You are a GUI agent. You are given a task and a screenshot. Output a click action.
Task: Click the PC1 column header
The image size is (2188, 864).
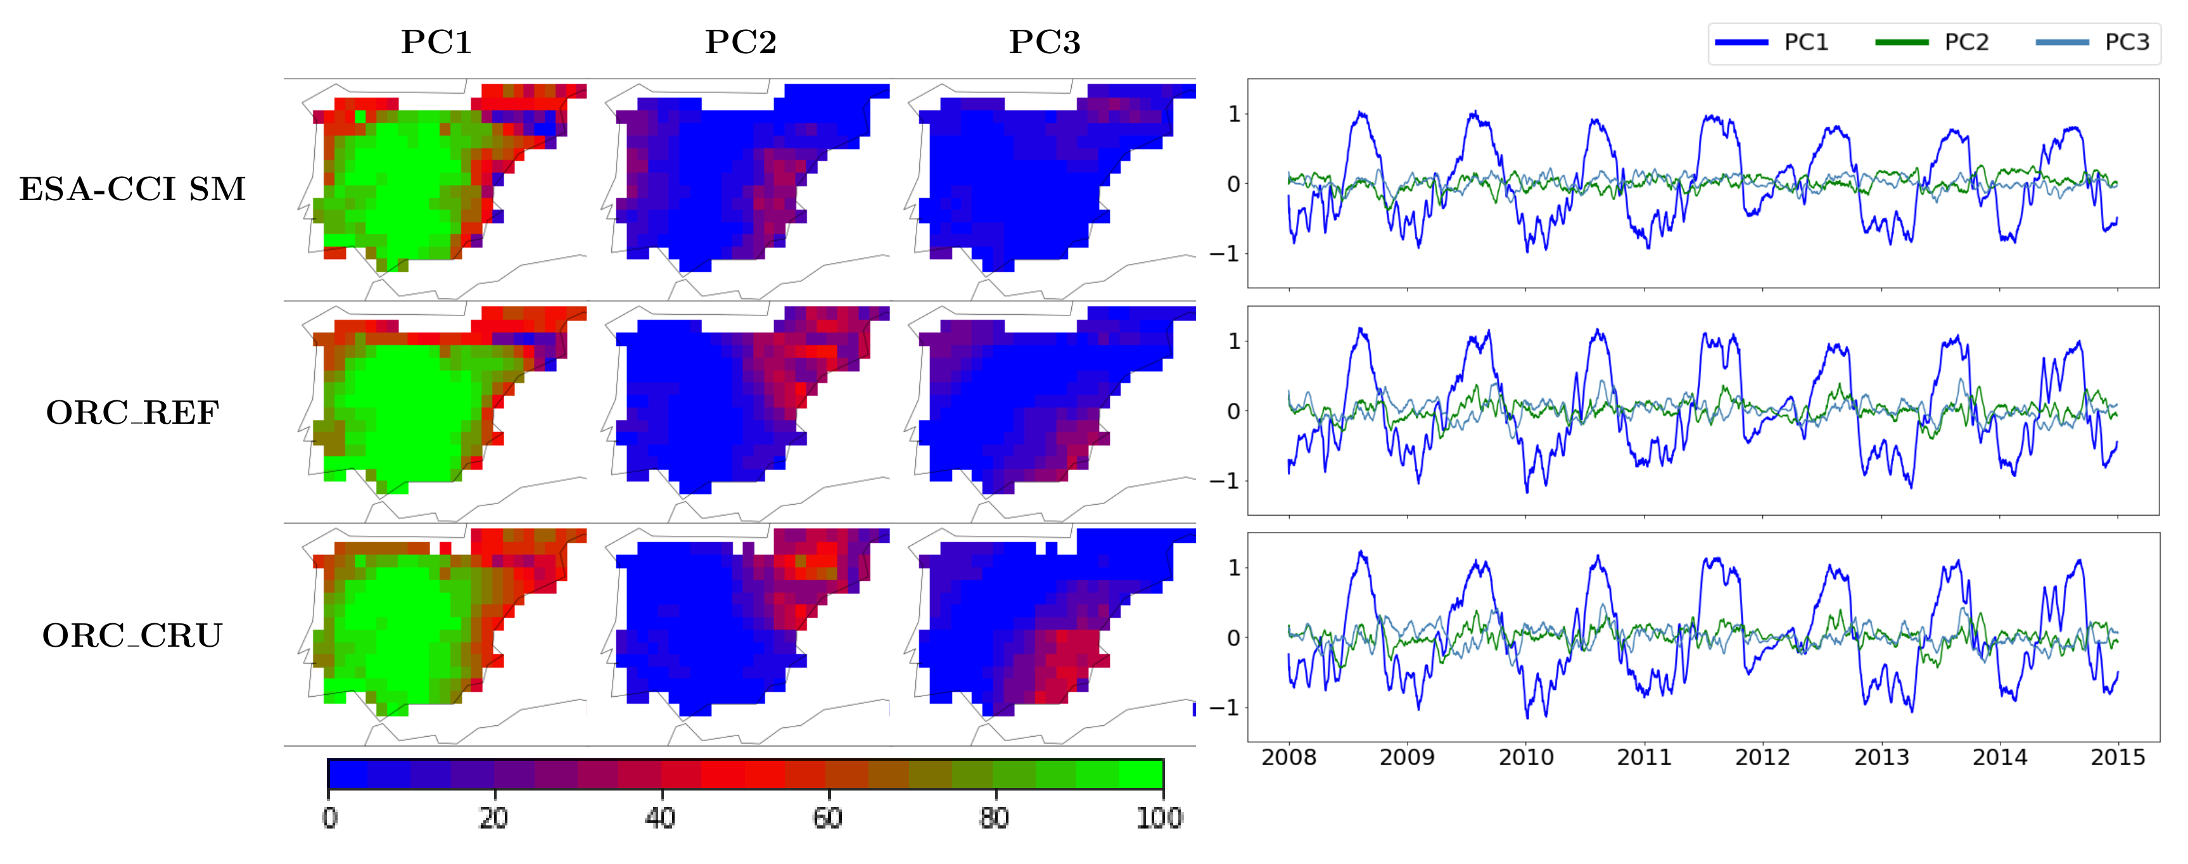(x=436, y=42)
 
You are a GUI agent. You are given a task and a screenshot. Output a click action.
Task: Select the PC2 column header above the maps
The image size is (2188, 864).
(x=740, y=42)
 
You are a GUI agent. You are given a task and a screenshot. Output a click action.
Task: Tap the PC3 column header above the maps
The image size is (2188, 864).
(x=1044, y=42)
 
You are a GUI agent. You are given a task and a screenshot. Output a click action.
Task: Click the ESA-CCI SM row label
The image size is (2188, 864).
(x=132, y=189)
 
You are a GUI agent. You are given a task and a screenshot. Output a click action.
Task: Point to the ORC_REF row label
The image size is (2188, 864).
(x=132, y=413)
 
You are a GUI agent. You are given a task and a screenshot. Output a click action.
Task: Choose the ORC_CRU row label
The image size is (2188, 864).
(x=132, y=635)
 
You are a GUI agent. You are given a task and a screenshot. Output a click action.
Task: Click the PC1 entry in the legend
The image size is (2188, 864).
(x=1772, y=42)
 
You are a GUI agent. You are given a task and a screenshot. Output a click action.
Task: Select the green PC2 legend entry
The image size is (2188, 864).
(x=1932, y=42)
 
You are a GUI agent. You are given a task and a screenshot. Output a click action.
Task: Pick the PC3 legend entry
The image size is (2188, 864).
(x=2093, y=42)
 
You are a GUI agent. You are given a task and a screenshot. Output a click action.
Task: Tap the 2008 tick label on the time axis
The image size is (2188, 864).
(x=1288, y=757)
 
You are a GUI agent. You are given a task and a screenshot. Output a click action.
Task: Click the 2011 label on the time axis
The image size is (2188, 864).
(x=1644, y=757)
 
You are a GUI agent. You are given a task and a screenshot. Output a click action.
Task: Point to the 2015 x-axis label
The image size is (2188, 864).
(x=2118, y=757)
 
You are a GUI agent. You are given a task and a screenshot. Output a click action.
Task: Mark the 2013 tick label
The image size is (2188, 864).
(x=1881, y=757)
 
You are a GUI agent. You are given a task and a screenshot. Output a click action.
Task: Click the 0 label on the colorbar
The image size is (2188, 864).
(x=329, y=818)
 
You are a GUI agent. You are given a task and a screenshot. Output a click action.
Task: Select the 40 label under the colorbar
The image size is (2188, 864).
(x=661, y=818)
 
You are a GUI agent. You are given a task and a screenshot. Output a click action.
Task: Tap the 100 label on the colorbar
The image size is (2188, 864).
(x=1159, y=818)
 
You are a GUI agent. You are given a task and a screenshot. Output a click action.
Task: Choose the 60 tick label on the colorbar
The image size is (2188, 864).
(x=828, y=818)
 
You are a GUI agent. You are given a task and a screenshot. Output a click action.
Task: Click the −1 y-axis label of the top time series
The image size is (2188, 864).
(x=1224, y=254)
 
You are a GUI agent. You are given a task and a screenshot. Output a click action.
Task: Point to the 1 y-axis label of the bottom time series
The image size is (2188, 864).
(x=1233, y=568)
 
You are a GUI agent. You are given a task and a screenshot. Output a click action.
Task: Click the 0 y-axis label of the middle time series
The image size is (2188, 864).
(x=1233, y=411)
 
